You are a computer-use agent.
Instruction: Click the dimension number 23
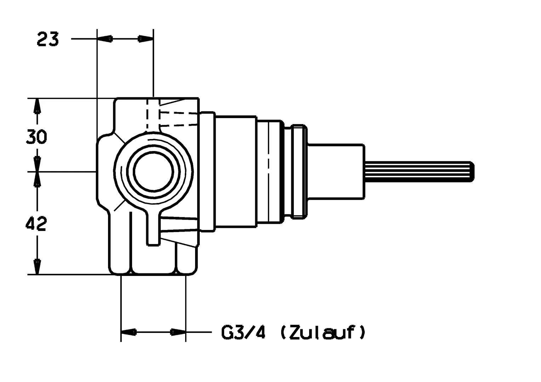[x=47, y=39]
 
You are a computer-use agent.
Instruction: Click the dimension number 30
[x=36, y=137]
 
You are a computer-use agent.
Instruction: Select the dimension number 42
[x=36, y=224]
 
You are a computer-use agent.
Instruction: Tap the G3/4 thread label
[x=243, y=332]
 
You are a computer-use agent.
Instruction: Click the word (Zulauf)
[x=322, y=332]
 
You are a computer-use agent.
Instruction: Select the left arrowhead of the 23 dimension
[x=104, y=39]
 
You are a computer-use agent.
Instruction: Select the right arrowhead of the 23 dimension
[x=146, y=39]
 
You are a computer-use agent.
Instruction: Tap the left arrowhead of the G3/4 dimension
[x=129, y=332]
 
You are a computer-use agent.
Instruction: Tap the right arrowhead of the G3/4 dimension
[x=178, y=332]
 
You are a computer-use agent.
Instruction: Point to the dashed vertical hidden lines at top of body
[x=153, y=115]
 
